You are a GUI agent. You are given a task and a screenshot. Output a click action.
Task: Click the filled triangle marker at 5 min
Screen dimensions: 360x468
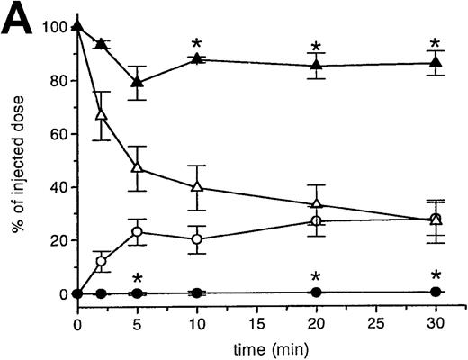pos(137,82)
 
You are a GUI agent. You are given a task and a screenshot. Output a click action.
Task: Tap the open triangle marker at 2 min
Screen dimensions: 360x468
pos(102,115)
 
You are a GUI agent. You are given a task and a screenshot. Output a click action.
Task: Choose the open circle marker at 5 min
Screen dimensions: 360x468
pos(137,231)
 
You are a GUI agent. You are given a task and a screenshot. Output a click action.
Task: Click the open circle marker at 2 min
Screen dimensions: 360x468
pos(102,261)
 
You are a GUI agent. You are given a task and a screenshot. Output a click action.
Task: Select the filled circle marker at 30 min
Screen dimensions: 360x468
pos(436,292)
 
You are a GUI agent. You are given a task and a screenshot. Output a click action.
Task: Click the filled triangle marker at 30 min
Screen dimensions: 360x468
pos(436,63)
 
